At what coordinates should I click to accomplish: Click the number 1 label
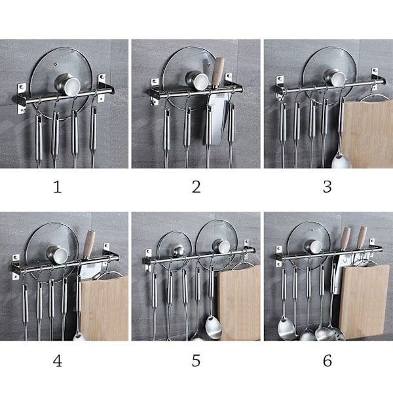(58, 187)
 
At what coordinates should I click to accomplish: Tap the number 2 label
(196, 187)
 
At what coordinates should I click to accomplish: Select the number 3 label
(327, 187)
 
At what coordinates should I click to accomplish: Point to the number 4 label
(58, 361)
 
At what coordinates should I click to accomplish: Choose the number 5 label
(196, 361)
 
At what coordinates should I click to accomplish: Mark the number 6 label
(327, 361)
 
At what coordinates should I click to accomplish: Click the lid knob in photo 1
(67, 85)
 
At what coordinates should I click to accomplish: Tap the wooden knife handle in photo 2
(217, 72)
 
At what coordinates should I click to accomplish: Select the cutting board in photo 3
(367, 134)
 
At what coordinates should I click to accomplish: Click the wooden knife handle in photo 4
(89, 244)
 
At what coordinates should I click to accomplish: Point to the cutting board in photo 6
(364, 301)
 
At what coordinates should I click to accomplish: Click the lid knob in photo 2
(197, 81)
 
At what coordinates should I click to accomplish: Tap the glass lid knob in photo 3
(335, 77)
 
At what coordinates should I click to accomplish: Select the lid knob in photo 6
(313, 246)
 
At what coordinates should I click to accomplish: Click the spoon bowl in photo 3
(341, 162)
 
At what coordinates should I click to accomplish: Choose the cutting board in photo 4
(104, 308)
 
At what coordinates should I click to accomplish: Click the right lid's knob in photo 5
(221, 247)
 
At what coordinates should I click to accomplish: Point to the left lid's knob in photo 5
(178, 251)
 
